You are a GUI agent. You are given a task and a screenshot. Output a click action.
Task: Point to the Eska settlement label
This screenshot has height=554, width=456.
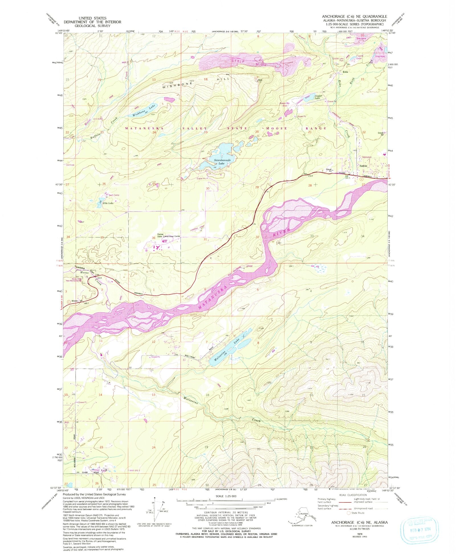click(346, 72)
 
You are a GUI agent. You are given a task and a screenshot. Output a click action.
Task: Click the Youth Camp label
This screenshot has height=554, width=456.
click(114, 195)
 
